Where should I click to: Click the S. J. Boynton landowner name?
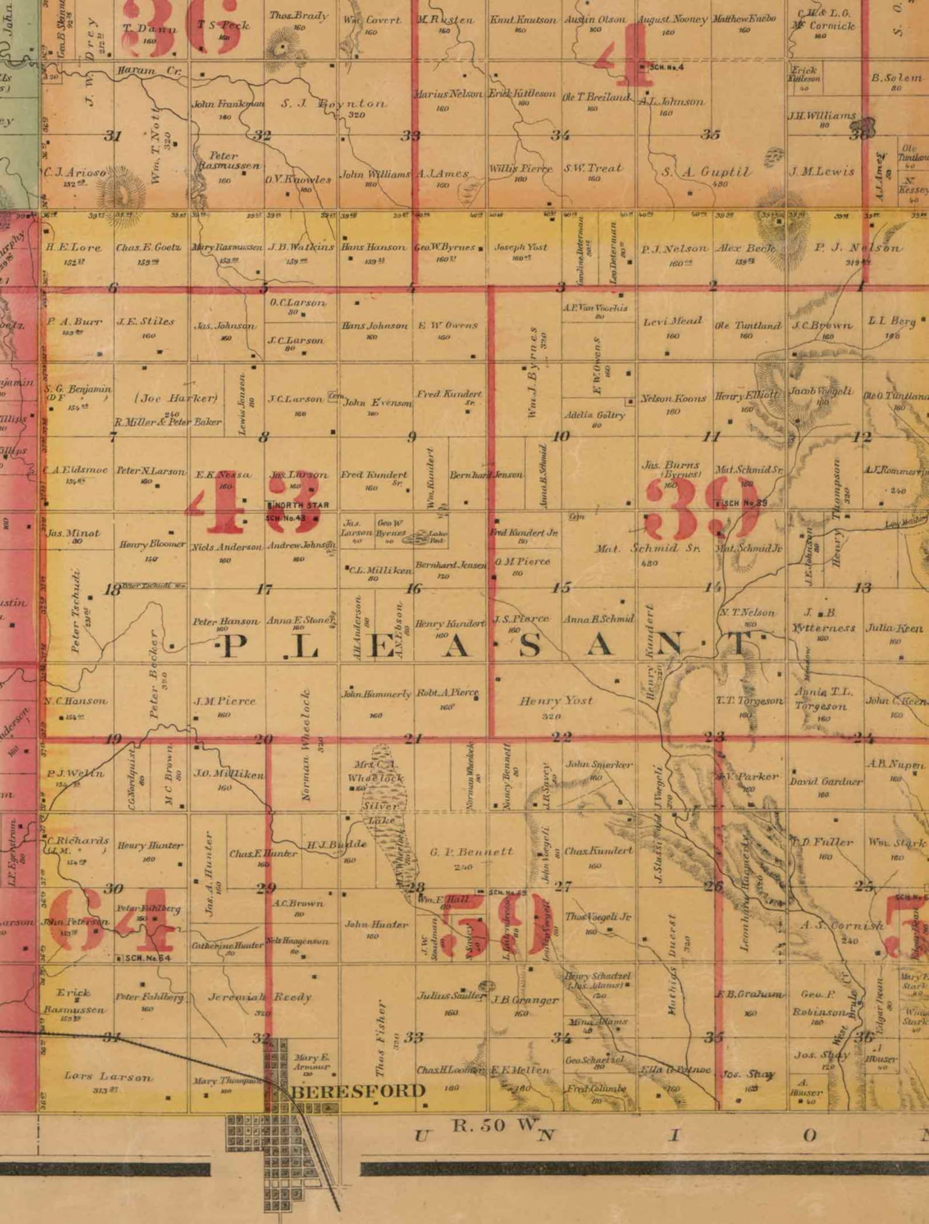point(333,104)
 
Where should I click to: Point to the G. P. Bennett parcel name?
point(472,852)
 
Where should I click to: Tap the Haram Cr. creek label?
point(149,71)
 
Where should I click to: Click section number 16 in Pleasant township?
point(414,588)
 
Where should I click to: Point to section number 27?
point(563,886)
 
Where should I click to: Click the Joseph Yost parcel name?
point(521,247)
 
